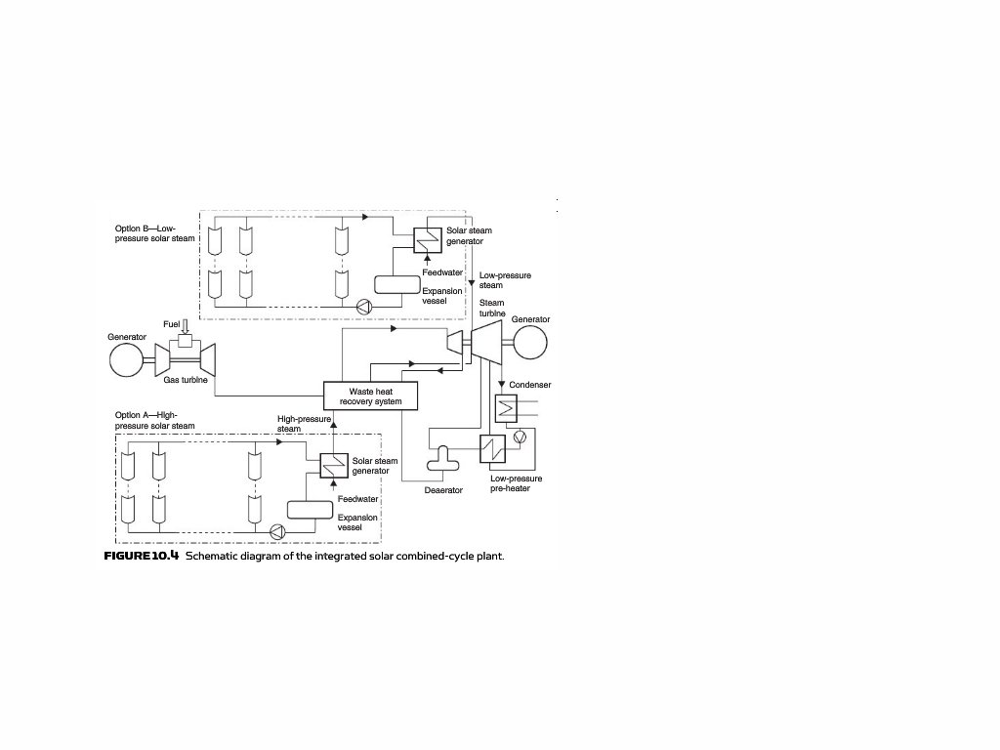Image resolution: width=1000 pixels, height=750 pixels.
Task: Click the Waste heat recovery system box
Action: [x=370, y=396]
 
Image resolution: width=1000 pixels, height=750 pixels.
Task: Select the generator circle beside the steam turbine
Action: [x=527, y=343]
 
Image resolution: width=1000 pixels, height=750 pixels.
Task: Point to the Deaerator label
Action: [x=443, y=490]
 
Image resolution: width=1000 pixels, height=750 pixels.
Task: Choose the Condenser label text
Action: [x=530, y=385]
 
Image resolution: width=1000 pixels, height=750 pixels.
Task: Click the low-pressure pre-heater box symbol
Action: [x=492, y=448]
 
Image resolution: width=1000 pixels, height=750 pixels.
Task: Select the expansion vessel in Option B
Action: [x=396, y=284]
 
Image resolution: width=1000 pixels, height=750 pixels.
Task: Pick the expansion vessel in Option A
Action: [x=311, y=510]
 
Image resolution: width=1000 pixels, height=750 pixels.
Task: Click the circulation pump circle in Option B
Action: [x=364, y=306]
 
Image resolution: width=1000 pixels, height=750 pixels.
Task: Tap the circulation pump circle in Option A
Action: [x=275, y=531]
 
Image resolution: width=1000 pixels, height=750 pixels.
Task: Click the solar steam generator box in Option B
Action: [x=427, y=240]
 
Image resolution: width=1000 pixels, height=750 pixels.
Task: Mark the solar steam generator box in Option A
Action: [x=334, y=466]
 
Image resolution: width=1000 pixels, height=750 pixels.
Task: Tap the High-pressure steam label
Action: [x=303, y=423]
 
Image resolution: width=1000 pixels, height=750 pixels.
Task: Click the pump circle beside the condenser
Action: [x=520, y=437]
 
